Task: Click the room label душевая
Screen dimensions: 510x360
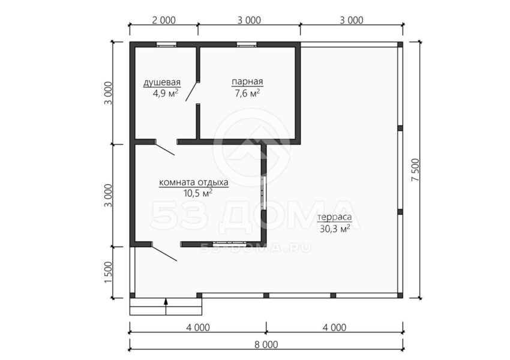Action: click(x=162, y=82)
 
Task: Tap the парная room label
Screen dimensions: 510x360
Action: click(x=247, y=82)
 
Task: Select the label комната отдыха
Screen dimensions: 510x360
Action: click(x=194, y=182)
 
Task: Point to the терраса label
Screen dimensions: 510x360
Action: click(x=335, y=217)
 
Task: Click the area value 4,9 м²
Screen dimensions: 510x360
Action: click(x=165, y=94)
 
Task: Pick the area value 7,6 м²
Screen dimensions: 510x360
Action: click(x=247, y=94)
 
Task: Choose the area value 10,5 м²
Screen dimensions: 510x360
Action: click(x=198, y=193)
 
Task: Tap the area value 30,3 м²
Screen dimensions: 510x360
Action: click(x=335, y=229)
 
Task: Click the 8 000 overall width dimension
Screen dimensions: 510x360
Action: click(x=266, y=344)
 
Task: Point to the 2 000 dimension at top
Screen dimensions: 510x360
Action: click(x=164, y=20)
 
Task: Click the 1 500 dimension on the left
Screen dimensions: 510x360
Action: click(x=109, y=272)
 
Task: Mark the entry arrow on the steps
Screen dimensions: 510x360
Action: click(x=166, y=307)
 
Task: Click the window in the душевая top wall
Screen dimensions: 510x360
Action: click(x=166, y=45)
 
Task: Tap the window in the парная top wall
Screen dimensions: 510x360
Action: click(x=246, y=45)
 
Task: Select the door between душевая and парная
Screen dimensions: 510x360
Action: click(x=192, y=91)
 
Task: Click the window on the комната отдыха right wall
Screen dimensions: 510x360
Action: click(x=264, y=193)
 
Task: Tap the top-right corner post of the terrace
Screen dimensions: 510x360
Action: click(x=400, y=44)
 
